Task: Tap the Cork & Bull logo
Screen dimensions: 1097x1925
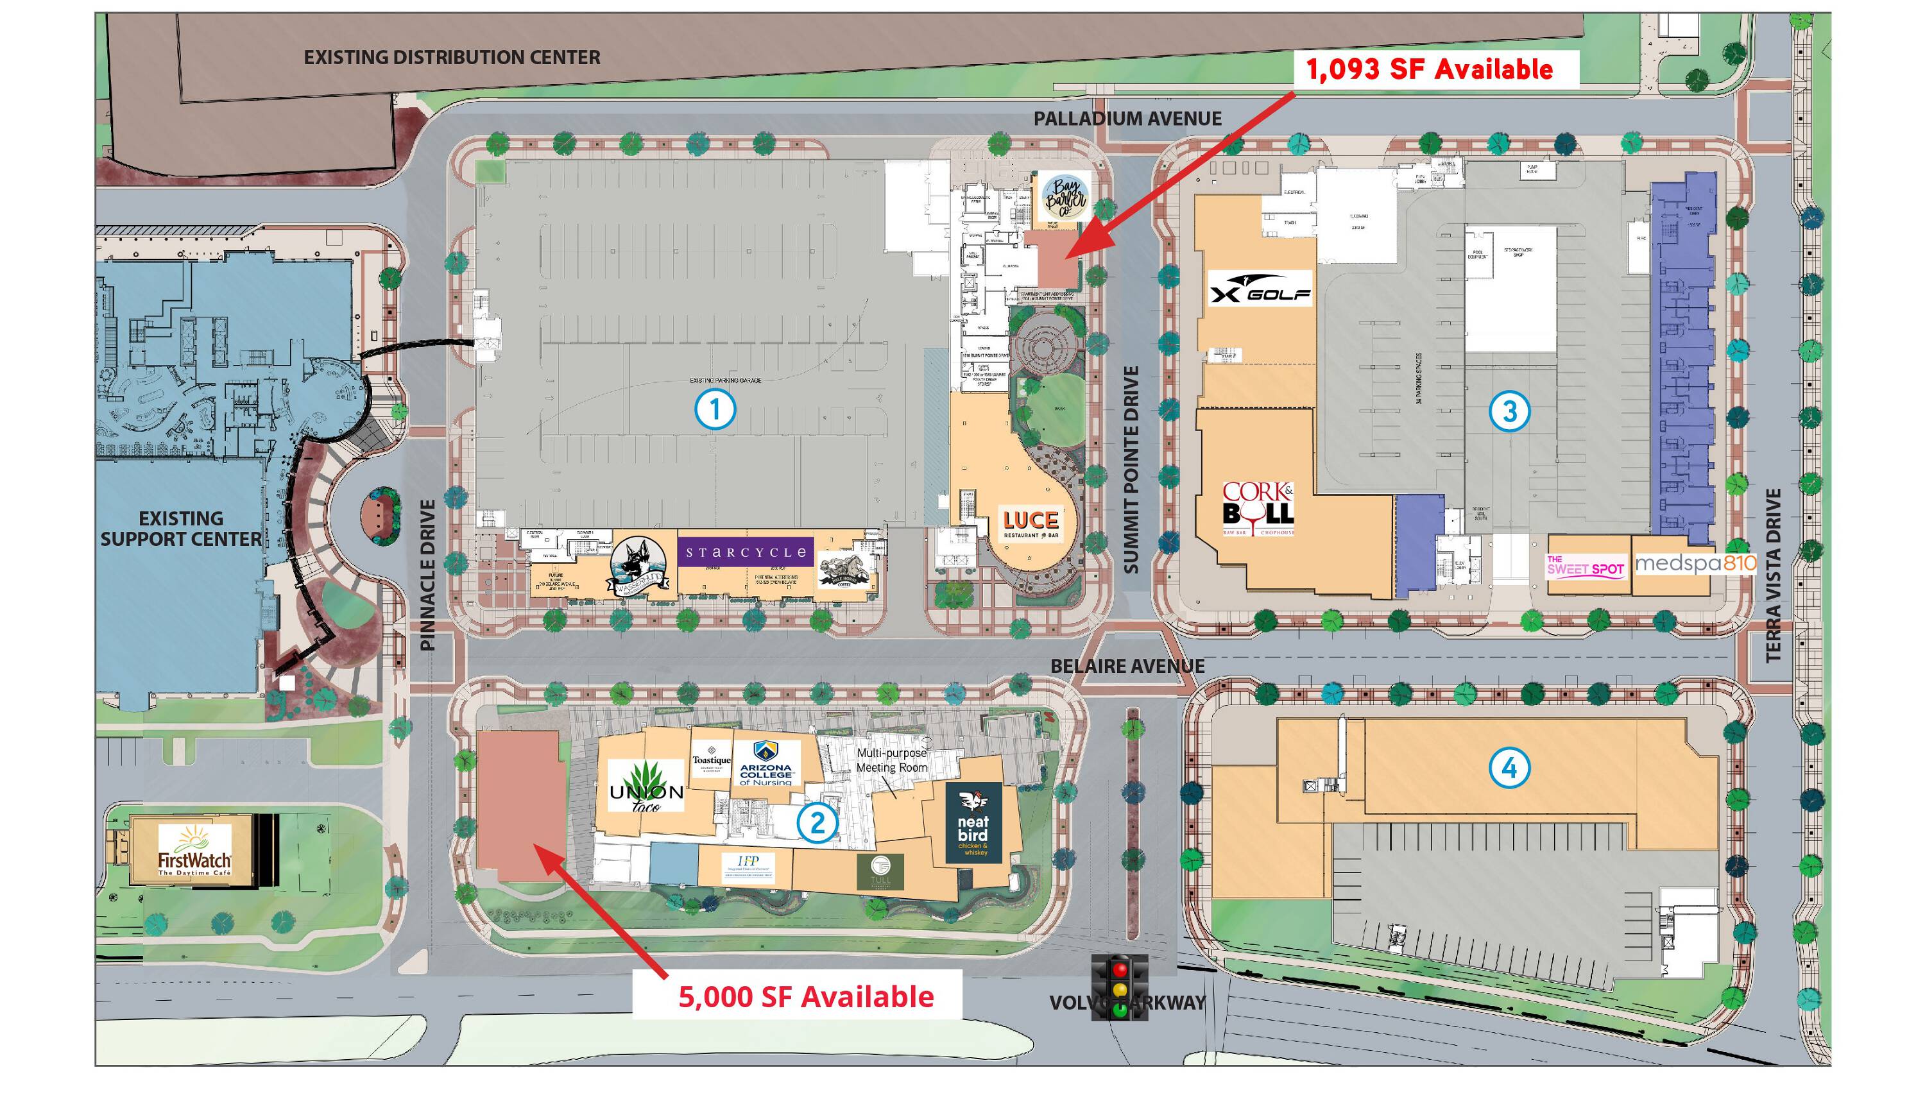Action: pos(1258,507)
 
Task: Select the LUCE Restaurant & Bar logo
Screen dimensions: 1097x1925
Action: pos(1030,523)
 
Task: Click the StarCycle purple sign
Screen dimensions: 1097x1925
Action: pos(744,552)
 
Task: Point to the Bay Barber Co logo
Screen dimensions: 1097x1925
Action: pos(1065,198)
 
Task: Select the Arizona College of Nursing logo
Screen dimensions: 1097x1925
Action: pos(765,763)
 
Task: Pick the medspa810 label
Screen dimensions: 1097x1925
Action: pos(1695,563)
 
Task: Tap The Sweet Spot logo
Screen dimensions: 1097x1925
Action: pos(1584,566)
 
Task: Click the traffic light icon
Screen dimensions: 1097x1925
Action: pos(1120,987)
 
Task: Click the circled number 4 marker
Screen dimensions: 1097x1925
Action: pos(1509,768)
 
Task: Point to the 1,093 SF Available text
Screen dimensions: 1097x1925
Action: pos(1428,69)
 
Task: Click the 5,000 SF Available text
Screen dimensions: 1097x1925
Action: pos(805,996)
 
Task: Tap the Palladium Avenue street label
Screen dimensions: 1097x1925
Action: pos(1127,118)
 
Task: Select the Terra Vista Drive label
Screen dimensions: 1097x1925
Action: pos(1773,575)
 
